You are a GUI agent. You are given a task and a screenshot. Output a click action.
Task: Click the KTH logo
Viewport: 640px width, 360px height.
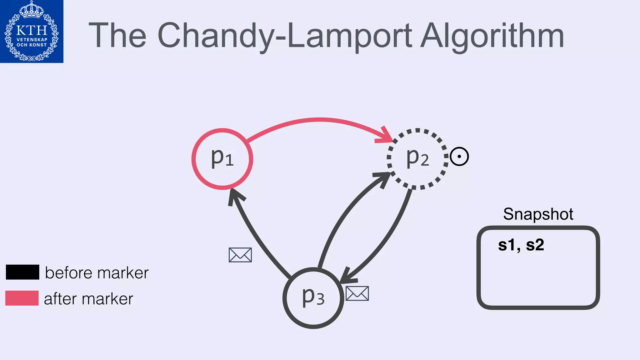[32, 31]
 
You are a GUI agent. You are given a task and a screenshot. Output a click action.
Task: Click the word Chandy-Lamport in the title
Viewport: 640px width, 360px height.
[284, 36]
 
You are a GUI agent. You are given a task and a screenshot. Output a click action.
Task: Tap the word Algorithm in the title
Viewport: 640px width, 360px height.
[492, 36]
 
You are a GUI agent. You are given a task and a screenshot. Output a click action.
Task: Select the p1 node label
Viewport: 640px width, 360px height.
[222, 158]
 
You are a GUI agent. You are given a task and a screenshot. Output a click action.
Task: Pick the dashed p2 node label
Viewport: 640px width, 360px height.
[417, 158]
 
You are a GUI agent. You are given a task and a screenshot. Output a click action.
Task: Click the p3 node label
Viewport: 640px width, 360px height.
[313, 297]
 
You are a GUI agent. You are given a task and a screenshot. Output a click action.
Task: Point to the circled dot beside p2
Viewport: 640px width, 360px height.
[459, 156]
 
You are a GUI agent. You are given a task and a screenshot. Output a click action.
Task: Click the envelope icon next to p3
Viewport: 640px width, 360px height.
[357, 293]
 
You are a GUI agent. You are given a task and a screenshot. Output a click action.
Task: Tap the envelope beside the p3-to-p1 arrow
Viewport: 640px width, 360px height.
[240, 255]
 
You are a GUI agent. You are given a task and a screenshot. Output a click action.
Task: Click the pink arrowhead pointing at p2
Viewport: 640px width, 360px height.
[385, 136]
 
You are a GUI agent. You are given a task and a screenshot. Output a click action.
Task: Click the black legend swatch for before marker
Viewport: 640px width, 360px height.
[22, 272]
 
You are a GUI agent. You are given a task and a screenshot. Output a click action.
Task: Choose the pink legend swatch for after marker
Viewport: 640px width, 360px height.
[22, 298]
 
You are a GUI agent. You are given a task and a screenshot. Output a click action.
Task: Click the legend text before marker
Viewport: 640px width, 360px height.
[97, 273]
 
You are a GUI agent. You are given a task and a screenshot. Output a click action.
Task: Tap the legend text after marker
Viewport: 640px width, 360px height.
[88, 299]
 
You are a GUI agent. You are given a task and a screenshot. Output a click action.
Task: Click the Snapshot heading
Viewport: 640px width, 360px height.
[538, 214]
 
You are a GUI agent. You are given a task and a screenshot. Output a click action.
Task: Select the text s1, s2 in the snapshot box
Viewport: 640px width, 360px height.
[521, 245]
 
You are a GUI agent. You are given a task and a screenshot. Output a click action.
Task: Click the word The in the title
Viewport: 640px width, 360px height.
[117, 36]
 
